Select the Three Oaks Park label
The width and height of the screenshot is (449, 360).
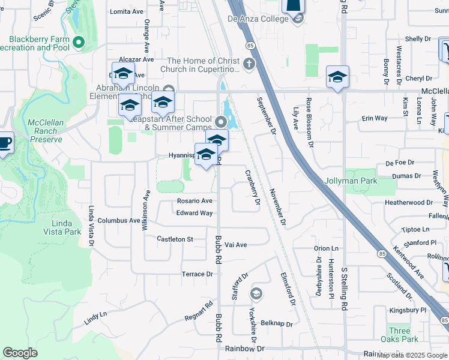pyautogui.click(x=399, y=335)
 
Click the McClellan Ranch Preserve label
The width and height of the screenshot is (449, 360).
pyautogui.click(x=45, y=131)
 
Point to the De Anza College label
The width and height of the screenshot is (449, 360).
pyautogui.click(x=258, y=19)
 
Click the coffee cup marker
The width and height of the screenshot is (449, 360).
pyautogui.click(x=5, y=143)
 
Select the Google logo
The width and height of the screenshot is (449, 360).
pyautogui.click(x=20, y=353)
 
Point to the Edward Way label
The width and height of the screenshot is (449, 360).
pyautogui.click(x=194, y=213)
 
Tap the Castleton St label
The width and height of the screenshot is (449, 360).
pyautogui.click(x=174, y=239)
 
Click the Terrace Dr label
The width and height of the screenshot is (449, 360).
pyautogui.click(x=197, y=274)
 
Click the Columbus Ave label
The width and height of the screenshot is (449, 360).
pyautogui.click(x=119, y=221)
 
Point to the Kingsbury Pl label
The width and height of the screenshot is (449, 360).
pyautogui.click(x=406, y=310)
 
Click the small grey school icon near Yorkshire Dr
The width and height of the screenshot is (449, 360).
pyautogui.click(x=256, y=293)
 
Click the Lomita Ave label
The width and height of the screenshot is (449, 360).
pyautogui.click(x=127, y=11)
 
